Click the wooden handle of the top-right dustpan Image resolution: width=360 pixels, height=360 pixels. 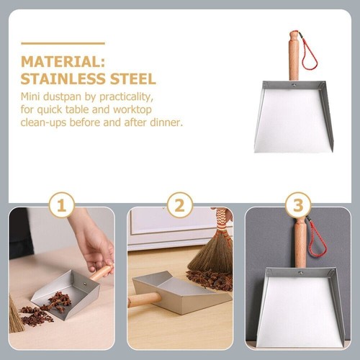(294, 58)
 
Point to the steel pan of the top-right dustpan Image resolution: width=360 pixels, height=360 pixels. (292, 119)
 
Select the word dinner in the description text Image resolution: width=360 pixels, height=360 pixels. (167, 122)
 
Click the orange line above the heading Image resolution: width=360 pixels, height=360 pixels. (63, 43)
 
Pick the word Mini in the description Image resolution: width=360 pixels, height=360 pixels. (30, 95)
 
